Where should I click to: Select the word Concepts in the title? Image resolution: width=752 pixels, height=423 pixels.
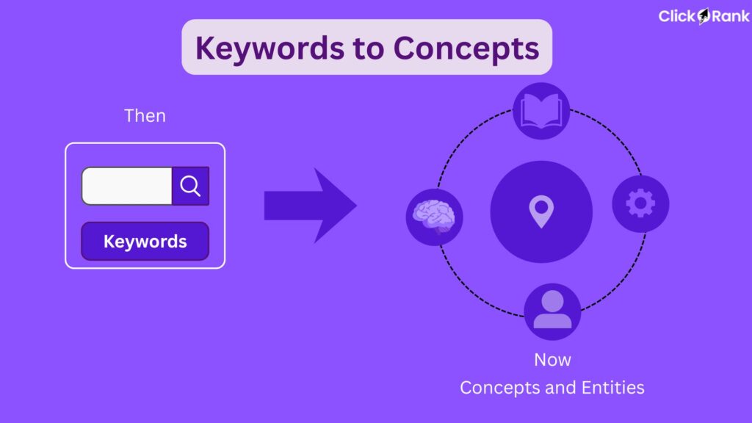466,48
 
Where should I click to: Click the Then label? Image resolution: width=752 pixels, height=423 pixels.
145,115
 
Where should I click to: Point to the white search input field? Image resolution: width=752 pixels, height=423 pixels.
126,186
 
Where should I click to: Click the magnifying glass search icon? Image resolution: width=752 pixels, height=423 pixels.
190,186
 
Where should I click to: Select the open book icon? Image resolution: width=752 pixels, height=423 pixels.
541,111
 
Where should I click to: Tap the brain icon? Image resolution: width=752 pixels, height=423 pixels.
434,217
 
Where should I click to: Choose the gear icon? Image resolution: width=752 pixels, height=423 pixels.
640,203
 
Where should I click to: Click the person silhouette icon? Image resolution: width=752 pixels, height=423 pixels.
552,311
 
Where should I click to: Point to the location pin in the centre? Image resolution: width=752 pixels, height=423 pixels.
540,211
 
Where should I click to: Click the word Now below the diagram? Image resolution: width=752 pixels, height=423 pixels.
552,360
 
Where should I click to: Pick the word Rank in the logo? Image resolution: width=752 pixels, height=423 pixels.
730,16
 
